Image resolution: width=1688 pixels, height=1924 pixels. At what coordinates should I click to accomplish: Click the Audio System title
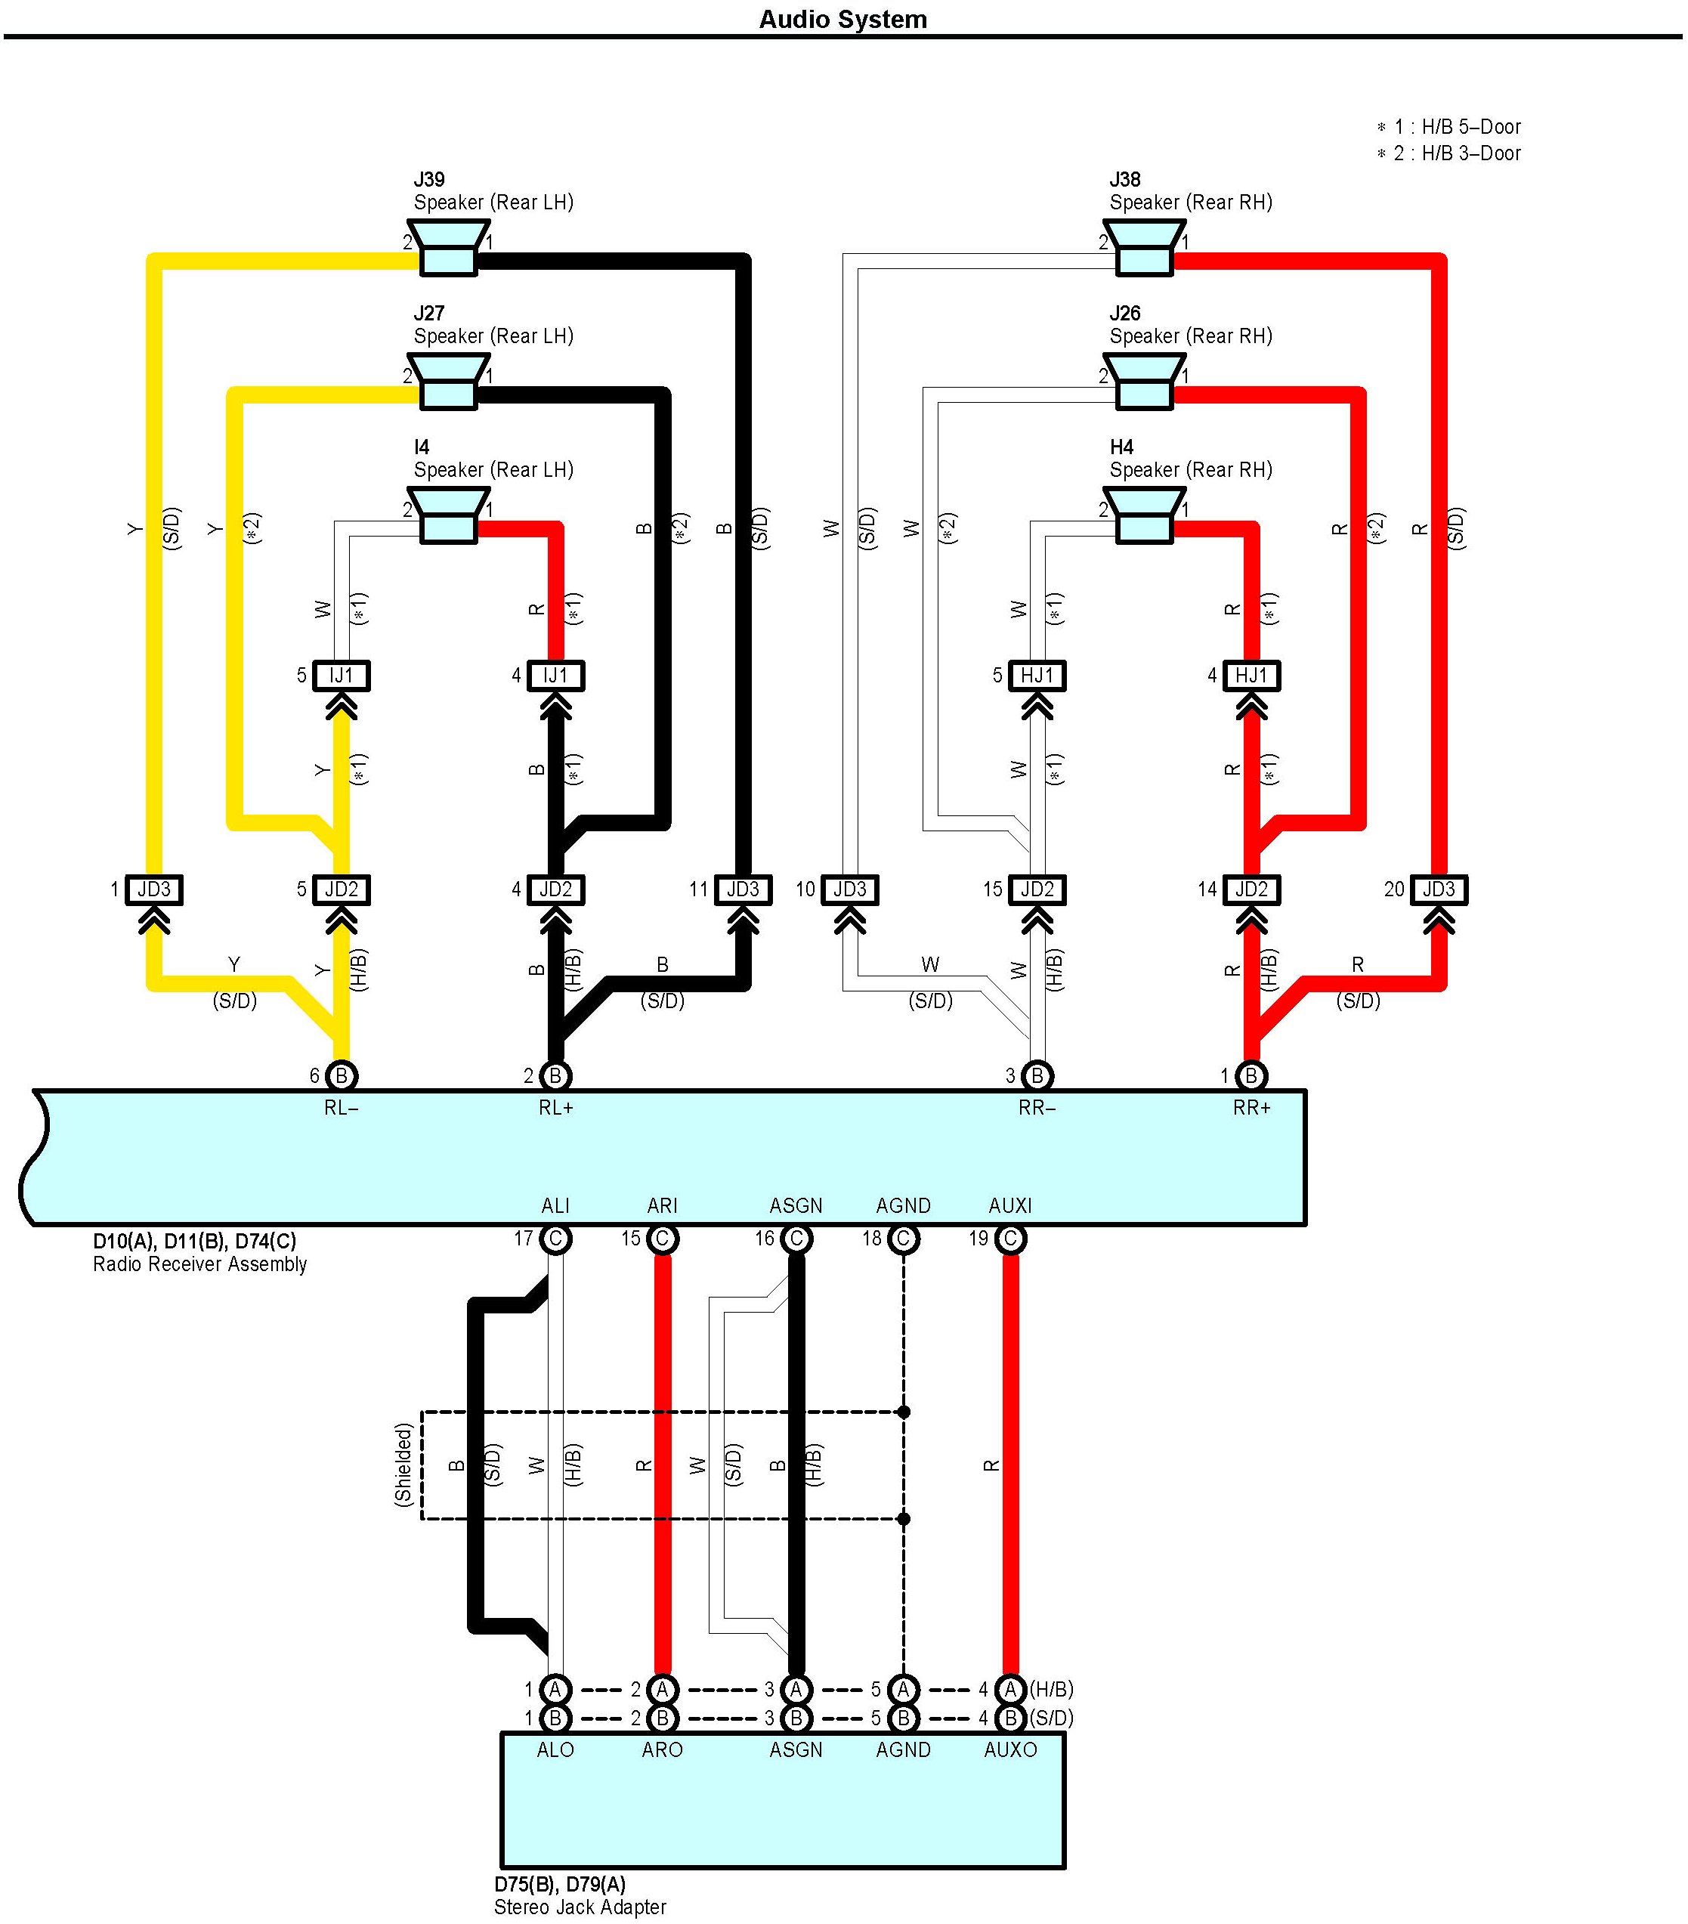point(842,20)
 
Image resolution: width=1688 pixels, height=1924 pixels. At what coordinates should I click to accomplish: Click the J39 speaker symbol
point(448,249)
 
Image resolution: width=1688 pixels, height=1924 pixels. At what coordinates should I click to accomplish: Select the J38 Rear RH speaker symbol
point(1143,249)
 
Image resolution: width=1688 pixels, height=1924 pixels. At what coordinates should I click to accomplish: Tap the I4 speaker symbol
point(448,516)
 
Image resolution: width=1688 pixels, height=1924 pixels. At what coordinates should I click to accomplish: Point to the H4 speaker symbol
point(1143,516)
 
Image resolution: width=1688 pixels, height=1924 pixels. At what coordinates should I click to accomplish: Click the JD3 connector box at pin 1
point(154,889)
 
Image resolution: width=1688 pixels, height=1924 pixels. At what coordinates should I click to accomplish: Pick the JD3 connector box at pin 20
point(1438,889)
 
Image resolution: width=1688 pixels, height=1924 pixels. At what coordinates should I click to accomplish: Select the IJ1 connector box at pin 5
point(341,676)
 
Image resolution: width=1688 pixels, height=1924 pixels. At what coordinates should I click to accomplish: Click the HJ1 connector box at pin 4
point(1251,676)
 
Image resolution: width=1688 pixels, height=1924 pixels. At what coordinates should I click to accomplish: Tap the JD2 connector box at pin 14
point(1251,889)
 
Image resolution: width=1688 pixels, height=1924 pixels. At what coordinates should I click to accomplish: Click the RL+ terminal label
point(555,1108)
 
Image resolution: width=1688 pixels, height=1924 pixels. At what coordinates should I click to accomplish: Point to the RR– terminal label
point(1037,1108)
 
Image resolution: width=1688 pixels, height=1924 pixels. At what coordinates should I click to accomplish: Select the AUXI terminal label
point(1009,1206)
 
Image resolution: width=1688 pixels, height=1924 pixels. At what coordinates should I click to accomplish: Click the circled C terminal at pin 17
point(555,1239)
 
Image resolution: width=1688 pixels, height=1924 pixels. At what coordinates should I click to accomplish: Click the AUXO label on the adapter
point(1009,1750)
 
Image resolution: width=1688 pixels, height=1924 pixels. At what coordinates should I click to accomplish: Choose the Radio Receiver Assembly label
point(199,1264)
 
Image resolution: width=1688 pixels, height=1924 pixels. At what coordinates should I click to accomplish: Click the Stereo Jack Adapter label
point(580,1907)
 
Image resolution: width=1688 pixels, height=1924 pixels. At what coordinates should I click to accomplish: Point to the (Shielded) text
point(403,1465)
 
